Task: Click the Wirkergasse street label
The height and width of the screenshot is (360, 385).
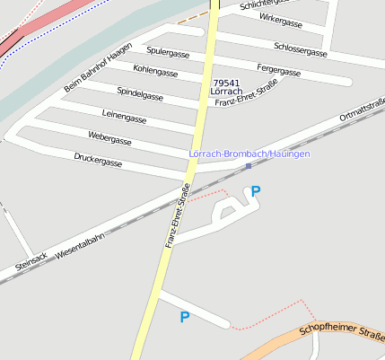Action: [x=280, y=18]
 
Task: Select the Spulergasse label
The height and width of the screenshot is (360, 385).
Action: [x=168, y=53]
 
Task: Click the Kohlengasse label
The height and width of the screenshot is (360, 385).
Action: [x=155, y=70]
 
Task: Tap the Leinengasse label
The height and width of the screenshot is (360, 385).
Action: [x=125, y=117]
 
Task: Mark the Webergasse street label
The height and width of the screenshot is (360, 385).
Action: [x=109, y=140]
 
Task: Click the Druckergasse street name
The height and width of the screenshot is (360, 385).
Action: [x=98, y=162]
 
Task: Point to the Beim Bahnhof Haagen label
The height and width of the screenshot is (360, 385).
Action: [x=98, y=66]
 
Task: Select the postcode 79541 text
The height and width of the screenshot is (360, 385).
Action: [x=226, y=82]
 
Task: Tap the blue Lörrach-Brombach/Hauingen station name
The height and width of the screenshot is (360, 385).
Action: [x=249, y=154]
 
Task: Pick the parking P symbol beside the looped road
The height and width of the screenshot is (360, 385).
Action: [x=256, y=191]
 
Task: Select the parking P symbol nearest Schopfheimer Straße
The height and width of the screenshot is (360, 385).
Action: [x=185, y=317]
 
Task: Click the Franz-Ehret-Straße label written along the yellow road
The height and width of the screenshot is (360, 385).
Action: [x=177, y=215]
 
